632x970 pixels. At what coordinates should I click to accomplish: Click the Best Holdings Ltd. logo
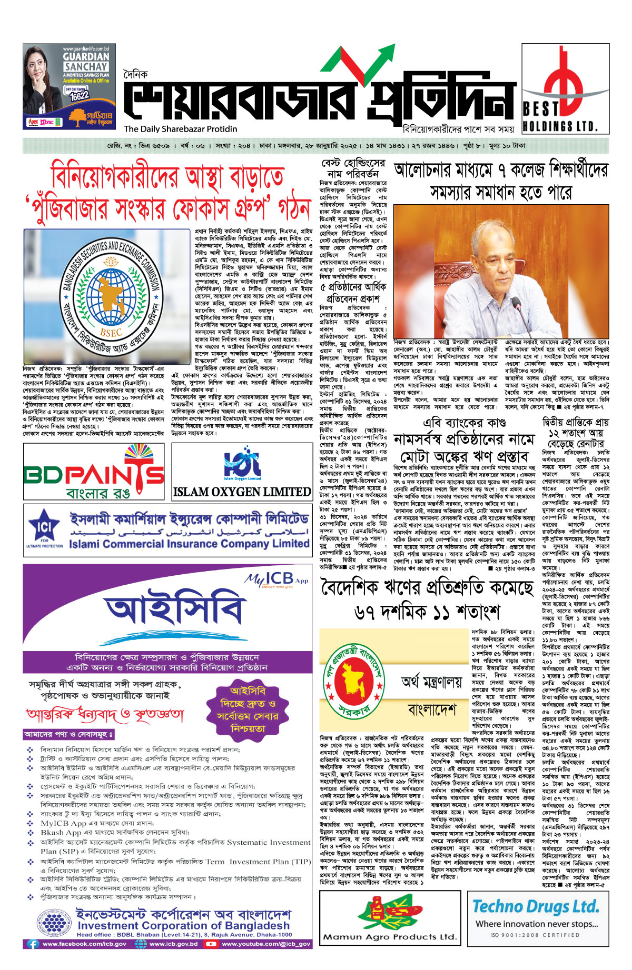click(x=565, y=88)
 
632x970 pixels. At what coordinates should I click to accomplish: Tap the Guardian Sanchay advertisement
click(x=69, y=86)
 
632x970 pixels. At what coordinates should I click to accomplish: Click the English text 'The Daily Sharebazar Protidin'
click(x=181, y=129)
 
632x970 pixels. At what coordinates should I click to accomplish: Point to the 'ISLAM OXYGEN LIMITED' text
click(x=242, y=492)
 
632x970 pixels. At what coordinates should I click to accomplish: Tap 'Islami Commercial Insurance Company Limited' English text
click(x=189, y=544)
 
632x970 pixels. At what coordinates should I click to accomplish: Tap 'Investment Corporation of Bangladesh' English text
click(x=183, y=926)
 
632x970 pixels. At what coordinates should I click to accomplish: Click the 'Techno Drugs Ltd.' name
click(x=536, y=906)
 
